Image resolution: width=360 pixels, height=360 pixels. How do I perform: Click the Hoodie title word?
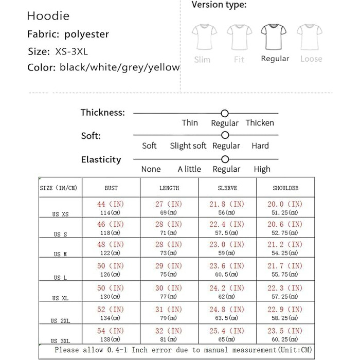(48, 16)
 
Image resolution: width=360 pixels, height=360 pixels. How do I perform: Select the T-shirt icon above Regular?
(275, 37)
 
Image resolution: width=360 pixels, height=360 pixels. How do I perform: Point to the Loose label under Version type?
(311, 59)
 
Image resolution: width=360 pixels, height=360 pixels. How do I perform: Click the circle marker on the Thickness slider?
(224, 113)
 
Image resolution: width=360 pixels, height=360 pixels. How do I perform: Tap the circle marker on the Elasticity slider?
(224, 159)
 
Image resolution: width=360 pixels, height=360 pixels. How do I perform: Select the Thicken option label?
(260, 123)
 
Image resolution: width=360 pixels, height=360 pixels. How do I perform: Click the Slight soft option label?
(188, 146)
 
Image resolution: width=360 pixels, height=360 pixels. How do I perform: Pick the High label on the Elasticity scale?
(262, 169)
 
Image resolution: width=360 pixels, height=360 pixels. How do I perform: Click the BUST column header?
(111, 188)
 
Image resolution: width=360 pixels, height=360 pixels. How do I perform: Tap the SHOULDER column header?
(285, 188)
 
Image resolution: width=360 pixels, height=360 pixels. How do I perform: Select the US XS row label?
(60, 214)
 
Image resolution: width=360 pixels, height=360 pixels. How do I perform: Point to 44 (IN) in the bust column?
(111, 204)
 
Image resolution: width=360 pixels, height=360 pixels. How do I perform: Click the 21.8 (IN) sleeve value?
(227, 204)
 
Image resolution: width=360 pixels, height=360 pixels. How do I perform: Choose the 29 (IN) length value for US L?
(168, 265)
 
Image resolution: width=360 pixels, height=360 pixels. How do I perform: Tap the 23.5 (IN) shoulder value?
(285, 331)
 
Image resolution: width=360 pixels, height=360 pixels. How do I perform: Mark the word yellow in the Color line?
(164, 67)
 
